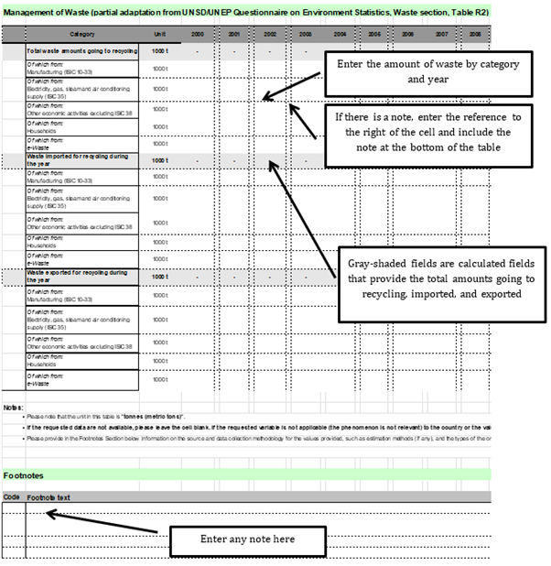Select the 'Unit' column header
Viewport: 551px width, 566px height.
pyautogui.click(x=159, y=33)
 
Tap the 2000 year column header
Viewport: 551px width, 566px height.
pyautogui.click(x=198, y=33)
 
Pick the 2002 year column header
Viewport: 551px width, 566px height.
pyautogui.click(x=270, y=33)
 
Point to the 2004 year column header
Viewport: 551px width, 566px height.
pyautogui.click(x=340, y=33)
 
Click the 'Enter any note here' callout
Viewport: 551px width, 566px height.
pyautogui.click(x=247, y=539)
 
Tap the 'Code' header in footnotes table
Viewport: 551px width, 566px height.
pyautogui.click(x=11, y=496)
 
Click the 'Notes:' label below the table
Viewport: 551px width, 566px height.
pyautogui.click(x=12, y=407)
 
